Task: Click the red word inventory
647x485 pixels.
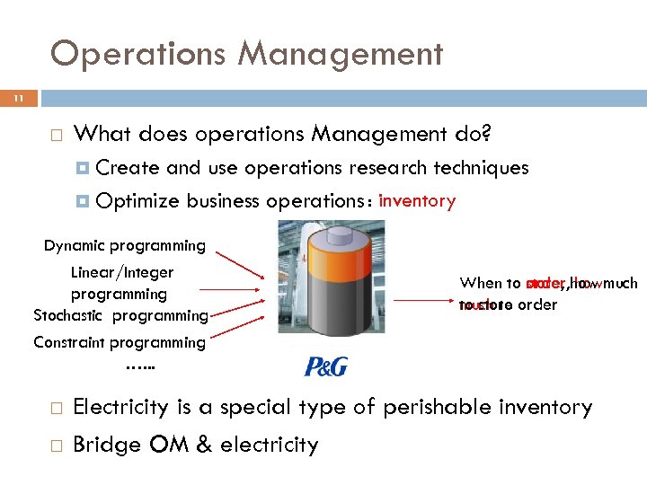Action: click(417, 200)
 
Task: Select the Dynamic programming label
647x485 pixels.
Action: click(124, 245)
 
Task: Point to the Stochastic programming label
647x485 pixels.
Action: click(120, 315)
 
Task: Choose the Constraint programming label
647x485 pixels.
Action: click(120, 342)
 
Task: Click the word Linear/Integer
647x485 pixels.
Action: click(122, 272)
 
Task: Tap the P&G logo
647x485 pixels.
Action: click(325, 366)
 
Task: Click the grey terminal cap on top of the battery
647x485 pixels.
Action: click(331, 231)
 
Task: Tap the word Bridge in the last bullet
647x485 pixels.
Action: click(102, 445)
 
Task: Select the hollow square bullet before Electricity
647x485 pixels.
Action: click(55, 409)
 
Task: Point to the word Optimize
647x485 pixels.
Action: click(136, 201)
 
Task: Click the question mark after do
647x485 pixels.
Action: click(485, 135)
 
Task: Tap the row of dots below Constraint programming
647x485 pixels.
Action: click(139, 366)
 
